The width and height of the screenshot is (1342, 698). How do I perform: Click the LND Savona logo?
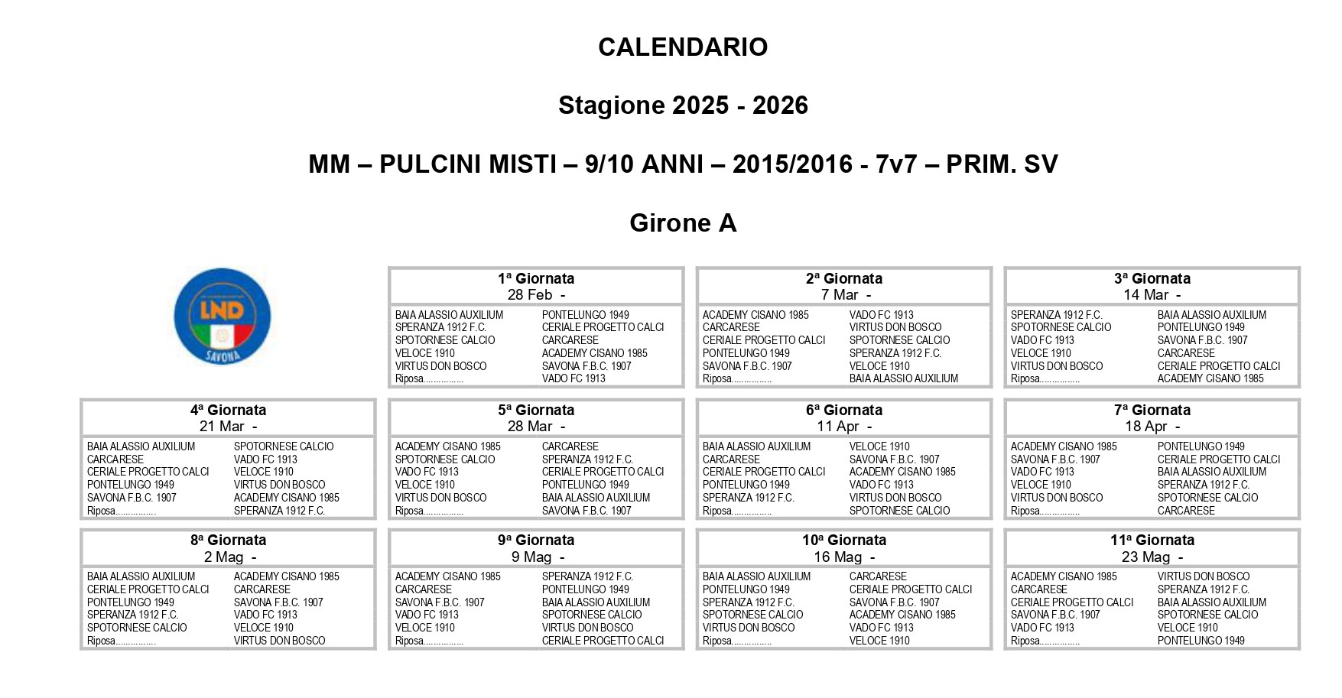point(222,316)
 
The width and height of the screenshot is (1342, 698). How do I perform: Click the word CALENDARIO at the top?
point(683,47)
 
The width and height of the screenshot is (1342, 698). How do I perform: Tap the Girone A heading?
point(683,223)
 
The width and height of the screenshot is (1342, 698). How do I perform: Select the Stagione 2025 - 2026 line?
point(683,106)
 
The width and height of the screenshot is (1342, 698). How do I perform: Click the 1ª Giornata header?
point(536,278)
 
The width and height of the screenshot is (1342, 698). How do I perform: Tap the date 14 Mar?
point(1146,295)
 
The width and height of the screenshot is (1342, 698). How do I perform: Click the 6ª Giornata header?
point(844,410)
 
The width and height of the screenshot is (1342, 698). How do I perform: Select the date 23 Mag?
point(1145,557)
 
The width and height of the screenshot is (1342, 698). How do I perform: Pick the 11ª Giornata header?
point(1152,540)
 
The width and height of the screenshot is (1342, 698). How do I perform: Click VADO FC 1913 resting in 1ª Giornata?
point(574,378)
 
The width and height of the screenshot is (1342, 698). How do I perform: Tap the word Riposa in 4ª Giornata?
point(102,511)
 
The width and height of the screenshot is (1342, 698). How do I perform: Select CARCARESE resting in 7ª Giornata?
point(1186,511)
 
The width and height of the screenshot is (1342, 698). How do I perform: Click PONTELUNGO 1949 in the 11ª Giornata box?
point(1201,641)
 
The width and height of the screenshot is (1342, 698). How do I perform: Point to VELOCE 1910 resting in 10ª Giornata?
point(879,641)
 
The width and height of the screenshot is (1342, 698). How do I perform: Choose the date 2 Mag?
point(223,557)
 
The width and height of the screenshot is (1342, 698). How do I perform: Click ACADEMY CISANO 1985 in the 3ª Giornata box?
point(1210,378)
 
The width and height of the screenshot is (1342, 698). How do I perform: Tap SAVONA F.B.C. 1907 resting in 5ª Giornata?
point(587,511)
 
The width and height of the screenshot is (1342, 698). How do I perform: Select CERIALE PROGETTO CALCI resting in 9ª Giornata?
point(603,641)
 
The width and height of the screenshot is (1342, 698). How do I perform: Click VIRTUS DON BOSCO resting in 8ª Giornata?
point(279,641)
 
